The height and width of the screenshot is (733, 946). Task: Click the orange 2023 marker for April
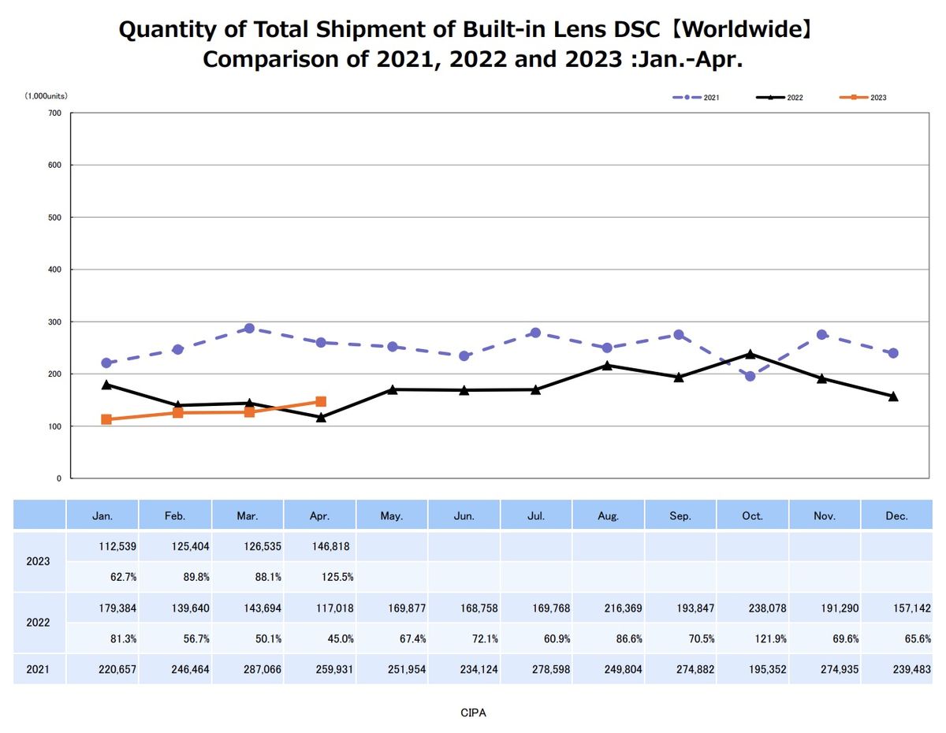coord(321,402)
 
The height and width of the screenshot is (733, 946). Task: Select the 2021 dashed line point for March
coord(249,328)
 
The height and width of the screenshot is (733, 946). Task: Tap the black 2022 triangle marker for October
coord(750,354)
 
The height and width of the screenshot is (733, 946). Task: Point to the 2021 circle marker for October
coord(750,376)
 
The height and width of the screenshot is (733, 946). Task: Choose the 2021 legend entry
coord(695,97)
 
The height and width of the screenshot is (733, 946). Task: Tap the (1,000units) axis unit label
coord(46,95)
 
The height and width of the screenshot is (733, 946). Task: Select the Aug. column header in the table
coord(608,516)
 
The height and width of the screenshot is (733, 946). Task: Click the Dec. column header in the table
coord(896,516)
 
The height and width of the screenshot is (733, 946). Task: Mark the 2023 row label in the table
coord(39,561)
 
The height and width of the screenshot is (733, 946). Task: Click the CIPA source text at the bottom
coord(473,713)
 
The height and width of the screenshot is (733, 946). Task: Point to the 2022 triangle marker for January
coord(106,384)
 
